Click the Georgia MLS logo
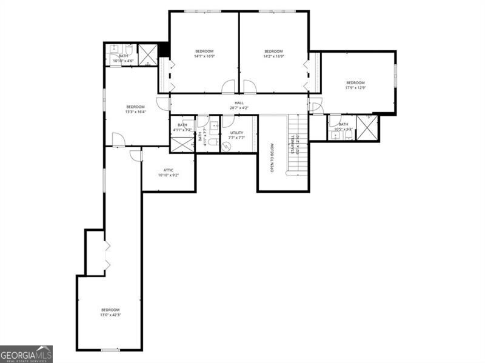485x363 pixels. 26,354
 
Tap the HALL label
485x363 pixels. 239,103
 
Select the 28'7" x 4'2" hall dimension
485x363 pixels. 239,108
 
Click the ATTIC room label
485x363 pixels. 169,170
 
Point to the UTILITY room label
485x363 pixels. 236,133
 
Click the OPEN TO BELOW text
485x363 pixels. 272,158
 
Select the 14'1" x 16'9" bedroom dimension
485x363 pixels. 204,56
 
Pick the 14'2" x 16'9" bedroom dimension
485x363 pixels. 273,56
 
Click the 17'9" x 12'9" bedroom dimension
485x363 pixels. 355,88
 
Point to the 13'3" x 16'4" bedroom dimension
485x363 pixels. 135,112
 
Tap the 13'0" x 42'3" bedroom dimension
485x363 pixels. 110,315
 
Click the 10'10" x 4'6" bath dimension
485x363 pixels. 123,61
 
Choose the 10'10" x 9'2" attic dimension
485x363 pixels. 169,176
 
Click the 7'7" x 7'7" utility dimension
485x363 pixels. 236,138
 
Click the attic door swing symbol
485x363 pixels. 136,156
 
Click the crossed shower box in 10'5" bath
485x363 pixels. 367,128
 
